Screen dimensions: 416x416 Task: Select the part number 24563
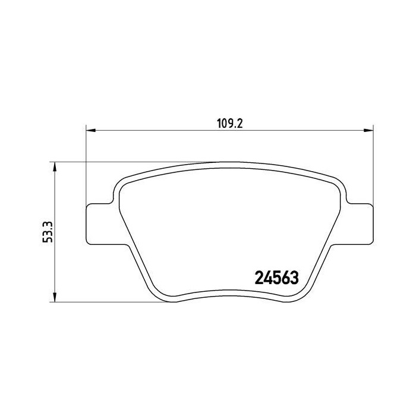click(x=276, y=277)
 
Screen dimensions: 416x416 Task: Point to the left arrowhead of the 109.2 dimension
click(x=91, y=130)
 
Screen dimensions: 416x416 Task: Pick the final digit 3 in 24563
click(x=293, y=277)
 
